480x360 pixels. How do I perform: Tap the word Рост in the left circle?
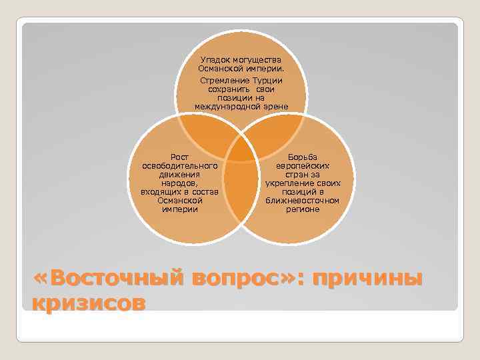180,157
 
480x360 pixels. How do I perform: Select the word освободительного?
180,165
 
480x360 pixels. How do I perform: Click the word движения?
180,174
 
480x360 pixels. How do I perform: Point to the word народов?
179,183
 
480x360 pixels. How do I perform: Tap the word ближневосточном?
302,200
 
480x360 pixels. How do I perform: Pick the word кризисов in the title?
88,303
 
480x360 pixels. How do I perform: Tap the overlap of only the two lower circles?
241,193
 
